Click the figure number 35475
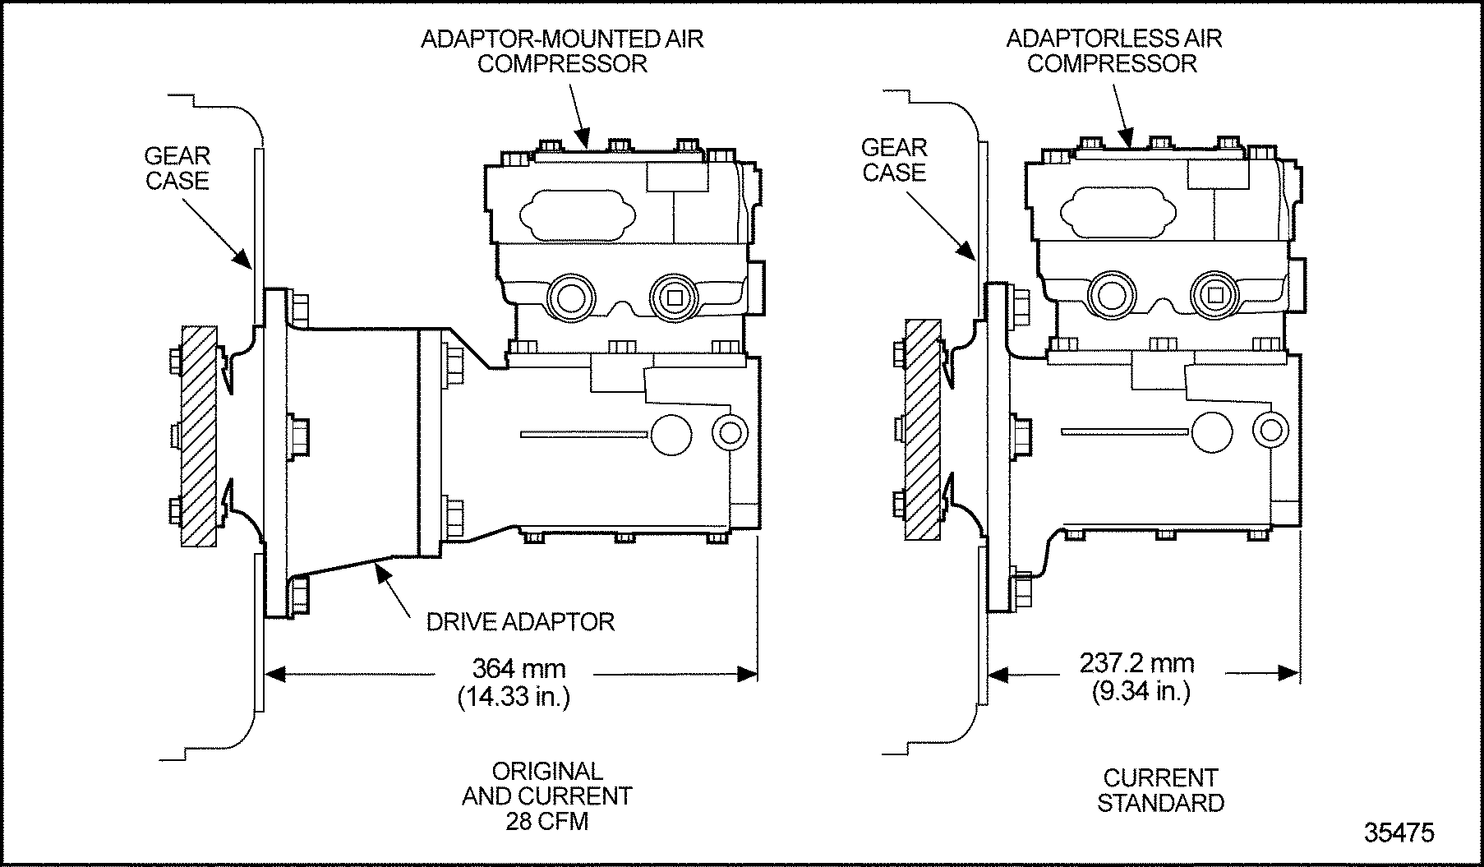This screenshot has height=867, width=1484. [x=1399, y=832]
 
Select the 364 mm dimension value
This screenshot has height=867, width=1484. [x=518, y=668]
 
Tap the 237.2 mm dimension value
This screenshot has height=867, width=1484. [x=1137, y=662]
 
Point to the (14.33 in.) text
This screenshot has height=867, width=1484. [x=514, y=697]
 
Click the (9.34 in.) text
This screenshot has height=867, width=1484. [x=1141, y=691]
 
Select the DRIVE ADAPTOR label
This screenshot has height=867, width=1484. [x=520, y=621]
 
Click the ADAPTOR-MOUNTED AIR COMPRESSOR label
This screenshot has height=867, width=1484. [x=562, y=51]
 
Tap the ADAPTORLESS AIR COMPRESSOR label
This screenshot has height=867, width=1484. [x=1113, y=51]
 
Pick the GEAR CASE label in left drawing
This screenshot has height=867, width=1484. [x=177, y=168]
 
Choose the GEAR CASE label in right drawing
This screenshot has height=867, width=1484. [x=894, y=159]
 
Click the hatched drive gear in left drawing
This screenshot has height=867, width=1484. [x=199, y=436]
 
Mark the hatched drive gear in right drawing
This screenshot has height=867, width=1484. [x=921, y=429]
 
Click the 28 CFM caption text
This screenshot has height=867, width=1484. [x=547, y=821]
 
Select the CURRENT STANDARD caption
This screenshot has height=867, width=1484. [x=1160, y=790]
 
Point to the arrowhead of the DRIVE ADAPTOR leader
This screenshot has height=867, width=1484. [x=380, y=565]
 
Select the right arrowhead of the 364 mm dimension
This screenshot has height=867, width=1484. [x=748, y=675]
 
